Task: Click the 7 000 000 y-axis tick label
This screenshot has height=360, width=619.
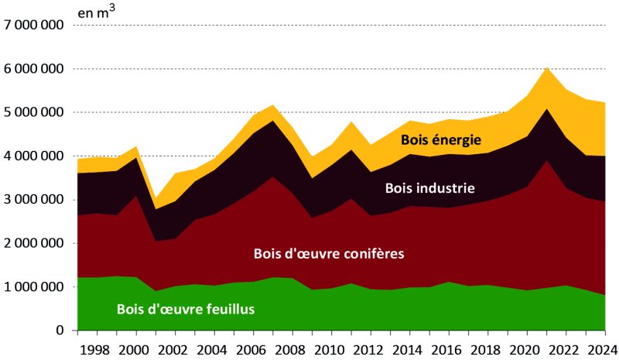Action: coord(35,26)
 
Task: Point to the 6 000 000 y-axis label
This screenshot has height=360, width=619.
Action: coord(35,69)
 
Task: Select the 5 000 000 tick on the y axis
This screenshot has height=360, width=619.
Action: coord(35,112)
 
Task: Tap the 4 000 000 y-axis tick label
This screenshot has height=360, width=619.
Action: coord(35,156)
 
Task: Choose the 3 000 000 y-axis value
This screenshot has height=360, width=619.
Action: coord(35,200)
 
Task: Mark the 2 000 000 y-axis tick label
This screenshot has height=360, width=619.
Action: coord(35,243)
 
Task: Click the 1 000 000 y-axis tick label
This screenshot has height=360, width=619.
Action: coord(35,287)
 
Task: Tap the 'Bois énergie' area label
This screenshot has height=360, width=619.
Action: coord(441,140)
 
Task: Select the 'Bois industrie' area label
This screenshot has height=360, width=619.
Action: coord(429,187)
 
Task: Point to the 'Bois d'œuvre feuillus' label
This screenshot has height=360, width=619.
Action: coord(186,309)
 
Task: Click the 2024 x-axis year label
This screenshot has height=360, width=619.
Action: coord(601,348)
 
